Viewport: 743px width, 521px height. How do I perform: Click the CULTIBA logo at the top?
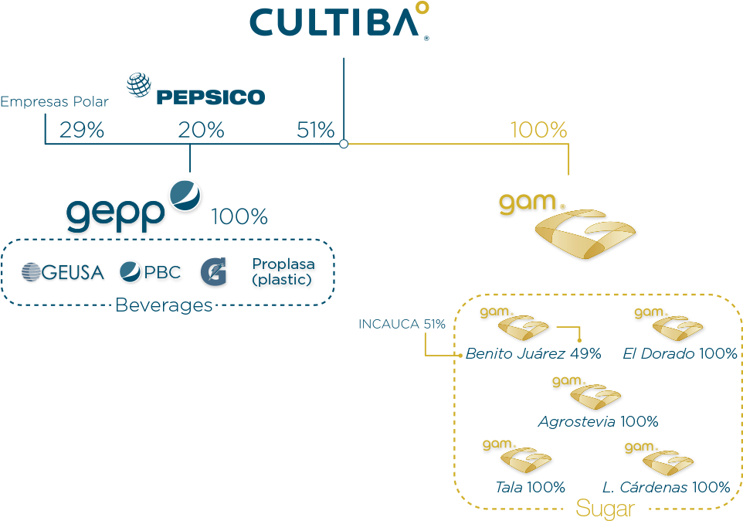(x=338, y=22)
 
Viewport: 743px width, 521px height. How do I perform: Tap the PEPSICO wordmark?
(x=210, y=97)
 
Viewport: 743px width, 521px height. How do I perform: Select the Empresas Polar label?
(x=54, y=102)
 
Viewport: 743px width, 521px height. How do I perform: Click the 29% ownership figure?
(x=81, y=130)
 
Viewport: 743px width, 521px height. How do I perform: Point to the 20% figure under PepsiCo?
(x=201, y=130)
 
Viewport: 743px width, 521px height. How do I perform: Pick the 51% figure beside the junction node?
(x=315, y=130)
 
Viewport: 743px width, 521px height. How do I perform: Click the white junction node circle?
(x=344, y=144)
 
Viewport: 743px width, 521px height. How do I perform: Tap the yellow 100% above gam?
(x=538, y=130)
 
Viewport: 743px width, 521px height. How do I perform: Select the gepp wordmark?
(x=116, y=213)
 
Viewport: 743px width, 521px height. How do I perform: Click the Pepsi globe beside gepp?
(x=185, y=195)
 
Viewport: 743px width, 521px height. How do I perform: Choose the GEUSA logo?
(x=63, y=272)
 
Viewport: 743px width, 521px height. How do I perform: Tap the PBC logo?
(x=150, y=272)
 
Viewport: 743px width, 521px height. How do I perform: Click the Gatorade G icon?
(x=214, y=273)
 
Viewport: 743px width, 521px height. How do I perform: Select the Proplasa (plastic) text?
(x=283, y=272)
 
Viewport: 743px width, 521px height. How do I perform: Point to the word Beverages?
(x=164, y=305)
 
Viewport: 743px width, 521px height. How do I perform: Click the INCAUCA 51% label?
(x=402, y=325)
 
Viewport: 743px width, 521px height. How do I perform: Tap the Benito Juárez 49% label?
(x=533, y=354)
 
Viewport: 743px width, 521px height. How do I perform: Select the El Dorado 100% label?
(x=680, y=354)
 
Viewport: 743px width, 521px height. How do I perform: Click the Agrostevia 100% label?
(x=598, y=422)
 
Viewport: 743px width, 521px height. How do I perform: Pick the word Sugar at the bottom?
(x=606, y=509)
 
